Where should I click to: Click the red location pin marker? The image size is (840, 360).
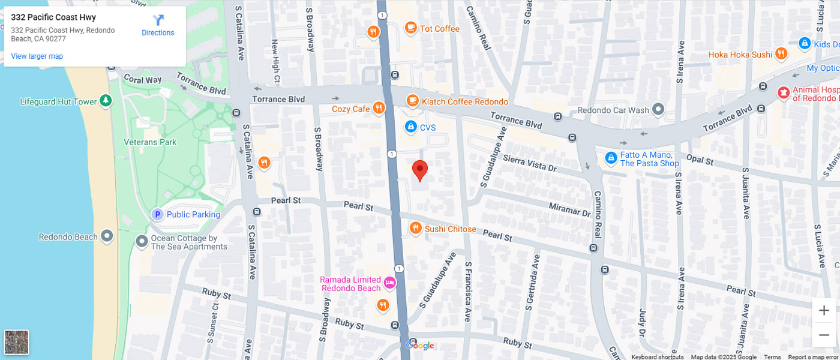tap(420, 170)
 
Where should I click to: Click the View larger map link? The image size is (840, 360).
tap(37, 56)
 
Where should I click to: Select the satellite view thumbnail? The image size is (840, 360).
tap(16, 343)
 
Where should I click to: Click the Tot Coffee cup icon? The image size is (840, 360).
tap(410, 28)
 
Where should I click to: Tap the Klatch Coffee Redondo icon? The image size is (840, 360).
tap(412, 101)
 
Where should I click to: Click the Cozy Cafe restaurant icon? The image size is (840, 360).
tap(379, 108)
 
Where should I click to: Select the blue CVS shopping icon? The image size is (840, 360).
tap(410, 127)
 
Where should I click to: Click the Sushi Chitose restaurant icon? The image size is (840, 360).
tap(415, 228)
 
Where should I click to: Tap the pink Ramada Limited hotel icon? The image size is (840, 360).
tap(389, 283)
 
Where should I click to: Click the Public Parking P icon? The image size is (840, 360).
tap(157, 214)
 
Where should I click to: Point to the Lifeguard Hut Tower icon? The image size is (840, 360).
tap(106, 101)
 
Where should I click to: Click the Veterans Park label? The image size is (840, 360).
tap(150, 142)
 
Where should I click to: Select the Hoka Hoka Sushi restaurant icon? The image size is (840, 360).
tap(781, 54)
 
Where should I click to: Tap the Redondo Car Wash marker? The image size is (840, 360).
tap(658, 109)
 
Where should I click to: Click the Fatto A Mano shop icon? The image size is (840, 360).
tap(611, 158)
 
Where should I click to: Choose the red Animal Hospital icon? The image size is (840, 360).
tap(783, 92)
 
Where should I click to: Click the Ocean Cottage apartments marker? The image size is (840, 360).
tap(142, 241)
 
